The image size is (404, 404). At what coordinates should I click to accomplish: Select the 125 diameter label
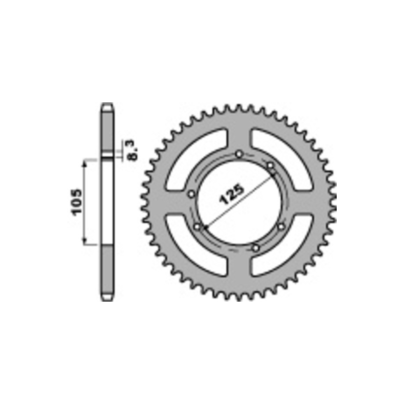[x=232, y=194]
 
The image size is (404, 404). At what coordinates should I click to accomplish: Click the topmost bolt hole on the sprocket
[x=239, y=155]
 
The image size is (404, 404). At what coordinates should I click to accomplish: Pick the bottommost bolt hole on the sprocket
[x=255, y=248]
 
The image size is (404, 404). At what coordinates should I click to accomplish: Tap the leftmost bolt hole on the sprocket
[x=192, y=194]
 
